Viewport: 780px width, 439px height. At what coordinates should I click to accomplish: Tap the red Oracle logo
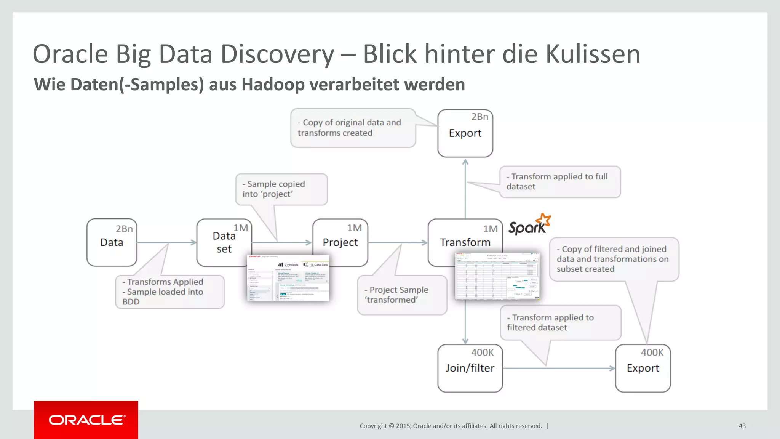[86, 420]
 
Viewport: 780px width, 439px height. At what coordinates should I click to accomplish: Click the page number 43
[742, 426]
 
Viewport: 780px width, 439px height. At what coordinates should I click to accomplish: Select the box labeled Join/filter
[470, 368]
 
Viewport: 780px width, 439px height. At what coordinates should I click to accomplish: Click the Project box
[340, 242]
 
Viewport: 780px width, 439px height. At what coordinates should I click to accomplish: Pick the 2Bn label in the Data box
[124, 229]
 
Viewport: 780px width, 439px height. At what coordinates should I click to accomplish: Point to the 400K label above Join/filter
[482, 352]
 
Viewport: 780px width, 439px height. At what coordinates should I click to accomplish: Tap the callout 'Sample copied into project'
[281, 189]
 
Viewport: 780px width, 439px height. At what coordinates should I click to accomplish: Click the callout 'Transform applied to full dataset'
[560, 182]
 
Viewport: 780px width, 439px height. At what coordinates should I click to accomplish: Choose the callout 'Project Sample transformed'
[402, 295]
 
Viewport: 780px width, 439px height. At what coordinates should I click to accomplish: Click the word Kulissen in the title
[593, 54]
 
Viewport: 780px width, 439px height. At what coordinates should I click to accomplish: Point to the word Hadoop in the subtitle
[273, 85]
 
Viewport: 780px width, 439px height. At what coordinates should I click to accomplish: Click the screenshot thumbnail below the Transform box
[497, 276]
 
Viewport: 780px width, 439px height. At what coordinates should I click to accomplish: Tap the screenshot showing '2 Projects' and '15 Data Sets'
[288, 278]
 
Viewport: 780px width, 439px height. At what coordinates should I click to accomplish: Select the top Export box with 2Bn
[465, 133]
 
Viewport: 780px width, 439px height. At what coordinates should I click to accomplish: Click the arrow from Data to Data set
[166, 242]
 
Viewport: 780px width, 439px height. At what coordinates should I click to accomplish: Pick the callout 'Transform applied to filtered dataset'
[560, 322]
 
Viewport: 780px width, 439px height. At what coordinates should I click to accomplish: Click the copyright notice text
[451, 426]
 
